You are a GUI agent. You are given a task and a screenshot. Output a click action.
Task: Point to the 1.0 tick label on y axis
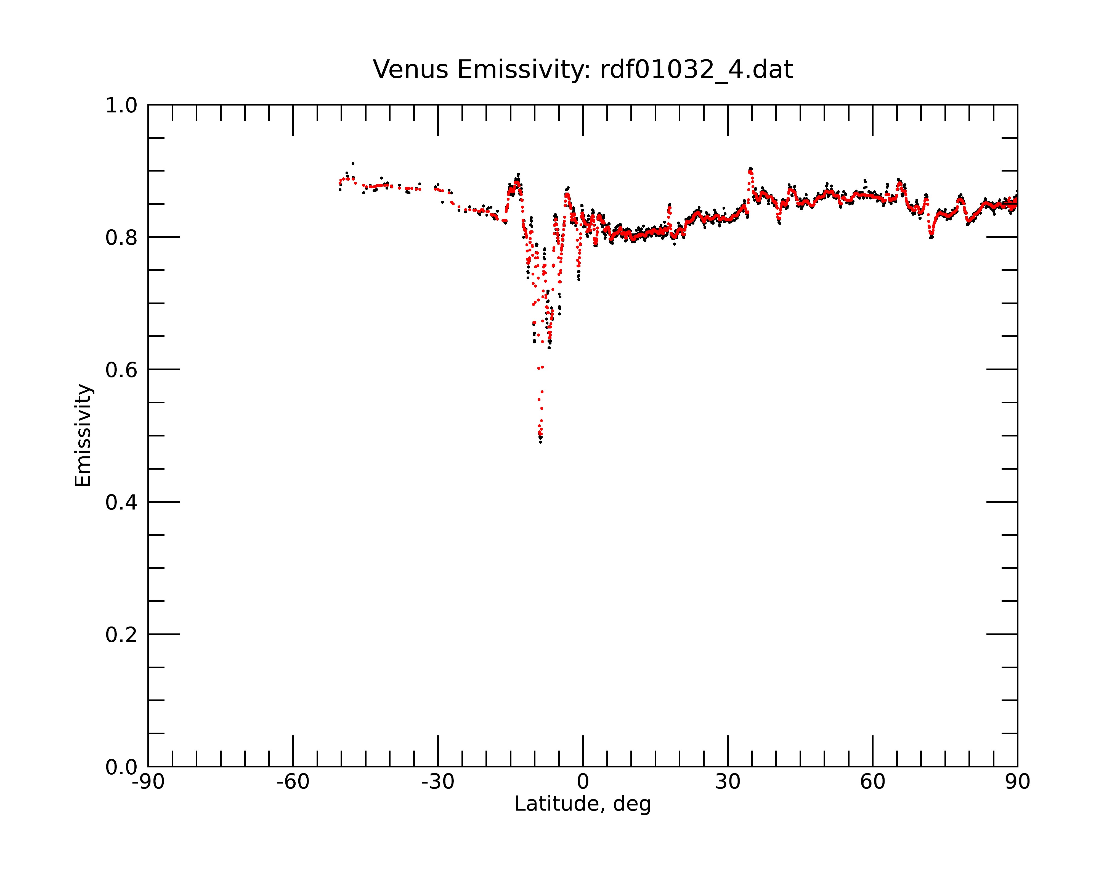click(x=121, y=106)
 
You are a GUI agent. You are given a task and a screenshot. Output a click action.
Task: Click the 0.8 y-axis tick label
click(x=121, y=238)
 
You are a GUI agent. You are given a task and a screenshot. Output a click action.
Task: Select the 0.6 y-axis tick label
click(x=121, y=370)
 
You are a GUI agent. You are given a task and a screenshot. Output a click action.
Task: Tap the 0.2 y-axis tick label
click(x=121, y=635)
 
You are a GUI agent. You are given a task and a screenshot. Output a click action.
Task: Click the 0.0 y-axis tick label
click(x=121, y=767)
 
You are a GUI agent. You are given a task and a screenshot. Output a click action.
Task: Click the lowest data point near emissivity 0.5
click(x=541, y=442)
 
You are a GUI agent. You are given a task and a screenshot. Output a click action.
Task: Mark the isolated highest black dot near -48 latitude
click(x=353, y=164)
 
